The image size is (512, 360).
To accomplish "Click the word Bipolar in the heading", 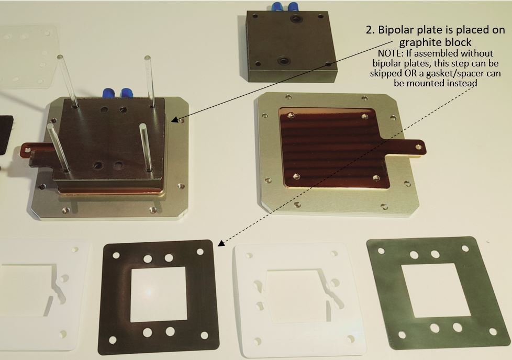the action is pyautogui.click(x=396, y=30).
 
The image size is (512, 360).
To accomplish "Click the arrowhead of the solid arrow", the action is pyautogui.click(x=175, y=120).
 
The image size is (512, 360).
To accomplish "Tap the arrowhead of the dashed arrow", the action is pyautogui.click(x=221, y=243).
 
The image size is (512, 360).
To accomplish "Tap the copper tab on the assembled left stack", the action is pyautogui.click(x=37, y=151).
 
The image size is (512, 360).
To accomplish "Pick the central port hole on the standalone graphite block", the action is pyautogui.click(x=283, y=61).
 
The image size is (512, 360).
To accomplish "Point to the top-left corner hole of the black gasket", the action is pyautogui.click(x=116, y=255).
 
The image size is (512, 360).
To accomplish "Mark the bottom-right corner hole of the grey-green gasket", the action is pyautogui.click(x=493, y=332).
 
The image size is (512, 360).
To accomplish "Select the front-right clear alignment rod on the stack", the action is pyautogui.click(x=146, y=147).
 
